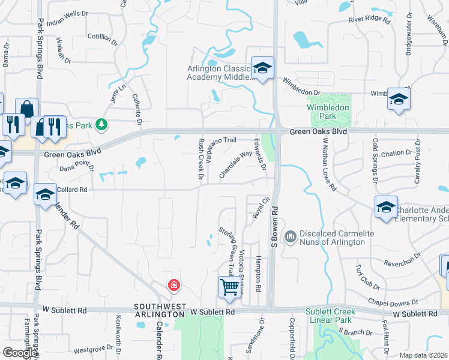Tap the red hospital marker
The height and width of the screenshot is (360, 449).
coord(174,284)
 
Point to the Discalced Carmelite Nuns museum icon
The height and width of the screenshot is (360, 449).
coord(291,236)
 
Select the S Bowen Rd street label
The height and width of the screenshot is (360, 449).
coord(275,227)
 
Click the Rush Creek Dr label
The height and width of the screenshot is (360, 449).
coord(201,159)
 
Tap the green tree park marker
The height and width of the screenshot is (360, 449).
coord(102,124)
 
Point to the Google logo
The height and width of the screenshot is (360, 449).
coord(20,353)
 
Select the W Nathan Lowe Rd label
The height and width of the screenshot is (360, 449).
coord(329,164)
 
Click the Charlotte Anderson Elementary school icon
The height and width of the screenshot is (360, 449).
coord(386,207)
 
